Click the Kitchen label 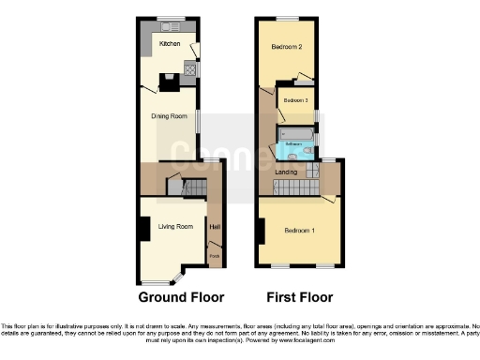[x=170, y=44]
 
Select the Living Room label [x=174, y=227]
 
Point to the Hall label [x=215, y=227]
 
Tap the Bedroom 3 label [x=296, y=99]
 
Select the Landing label [x=286, y=172]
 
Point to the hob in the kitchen [x=190, y=68]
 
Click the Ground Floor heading [x=181, y=298]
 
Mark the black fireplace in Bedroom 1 [x=262, y=230]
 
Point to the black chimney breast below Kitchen [x=168, y=82]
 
